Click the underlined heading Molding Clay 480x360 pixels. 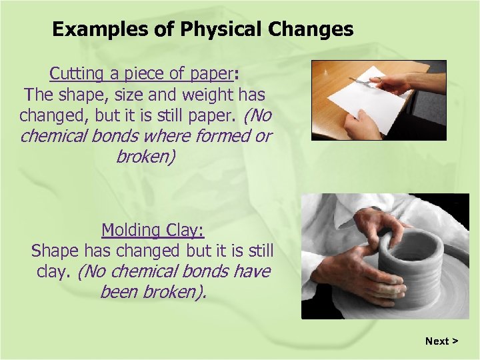[x=153, y=231]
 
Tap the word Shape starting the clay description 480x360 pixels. [x=56, y=251]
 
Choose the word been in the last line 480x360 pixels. [x=119, y=291]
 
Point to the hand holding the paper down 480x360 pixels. [x=364, y=123]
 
